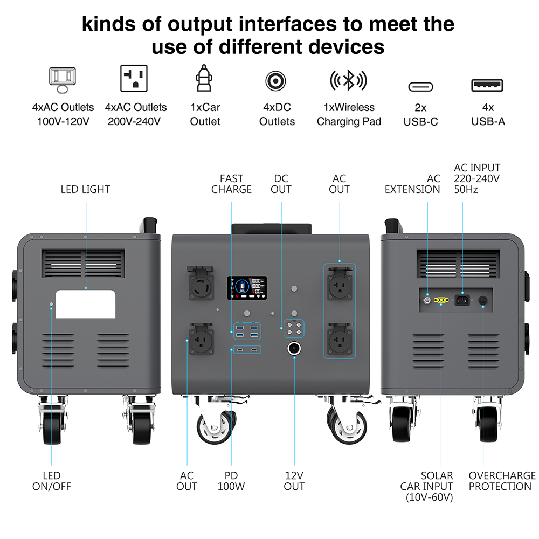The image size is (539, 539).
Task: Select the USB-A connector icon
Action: pos(488,85)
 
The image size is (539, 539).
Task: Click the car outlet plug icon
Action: pos(205,80)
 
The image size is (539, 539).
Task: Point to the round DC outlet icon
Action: pos(276,81)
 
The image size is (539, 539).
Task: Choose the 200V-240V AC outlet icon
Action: pos(134,79)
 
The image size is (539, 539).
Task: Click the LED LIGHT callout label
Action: pos(85,189)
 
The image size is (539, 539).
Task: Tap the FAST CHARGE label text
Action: pos(231,184)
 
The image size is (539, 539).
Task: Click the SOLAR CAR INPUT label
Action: pos(430,486)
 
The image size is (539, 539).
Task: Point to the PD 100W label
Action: pos(231,481)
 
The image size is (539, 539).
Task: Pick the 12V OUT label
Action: pos(294,481)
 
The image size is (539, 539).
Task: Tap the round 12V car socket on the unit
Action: pos(294,348)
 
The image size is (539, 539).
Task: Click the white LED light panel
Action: pos(86,304)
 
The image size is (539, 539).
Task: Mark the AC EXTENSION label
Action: pos(412,184)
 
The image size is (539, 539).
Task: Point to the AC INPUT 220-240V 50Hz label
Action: pos(477,178)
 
